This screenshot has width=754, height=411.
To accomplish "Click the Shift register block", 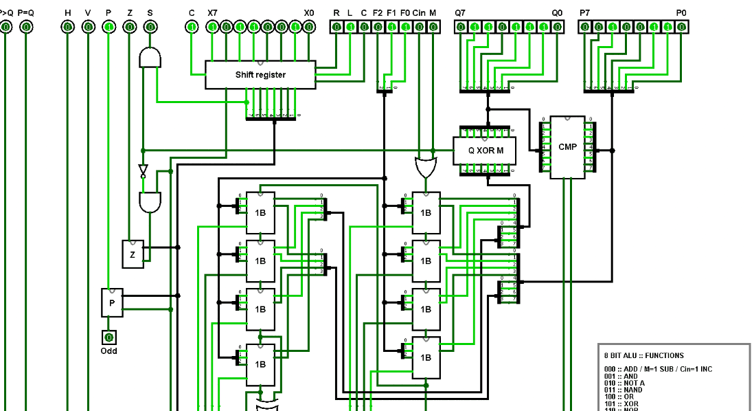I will pos(260,74).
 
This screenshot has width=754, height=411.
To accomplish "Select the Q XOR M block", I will pos(486,151).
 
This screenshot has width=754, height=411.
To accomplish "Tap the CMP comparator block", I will pos(567,147).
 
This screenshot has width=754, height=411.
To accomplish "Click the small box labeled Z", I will pos(133,254).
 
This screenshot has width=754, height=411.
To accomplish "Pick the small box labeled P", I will pos(112,302).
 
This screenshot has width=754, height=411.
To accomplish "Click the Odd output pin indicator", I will pos(108,337).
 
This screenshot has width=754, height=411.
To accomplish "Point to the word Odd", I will pos(108,351).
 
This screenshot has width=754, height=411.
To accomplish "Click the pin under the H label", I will pos(67,27).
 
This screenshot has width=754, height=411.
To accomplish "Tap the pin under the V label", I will pos(88,27).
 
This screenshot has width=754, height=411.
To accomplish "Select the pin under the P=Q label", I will pos(25,27).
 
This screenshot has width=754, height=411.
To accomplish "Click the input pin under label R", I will pos(336,27).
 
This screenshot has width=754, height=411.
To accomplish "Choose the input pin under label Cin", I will pos(419,27).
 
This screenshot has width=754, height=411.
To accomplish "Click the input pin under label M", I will pos(433,27).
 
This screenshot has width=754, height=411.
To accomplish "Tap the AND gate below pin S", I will pos(150,58).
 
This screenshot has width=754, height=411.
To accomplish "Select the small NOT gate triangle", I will pos(143,170).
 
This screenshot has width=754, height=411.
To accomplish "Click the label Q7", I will pos(459,13).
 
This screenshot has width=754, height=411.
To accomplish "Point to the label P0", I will pos(681,13).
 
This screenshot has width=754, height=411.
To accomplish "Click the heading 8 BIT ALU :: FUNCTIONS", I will pos(643,355).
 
